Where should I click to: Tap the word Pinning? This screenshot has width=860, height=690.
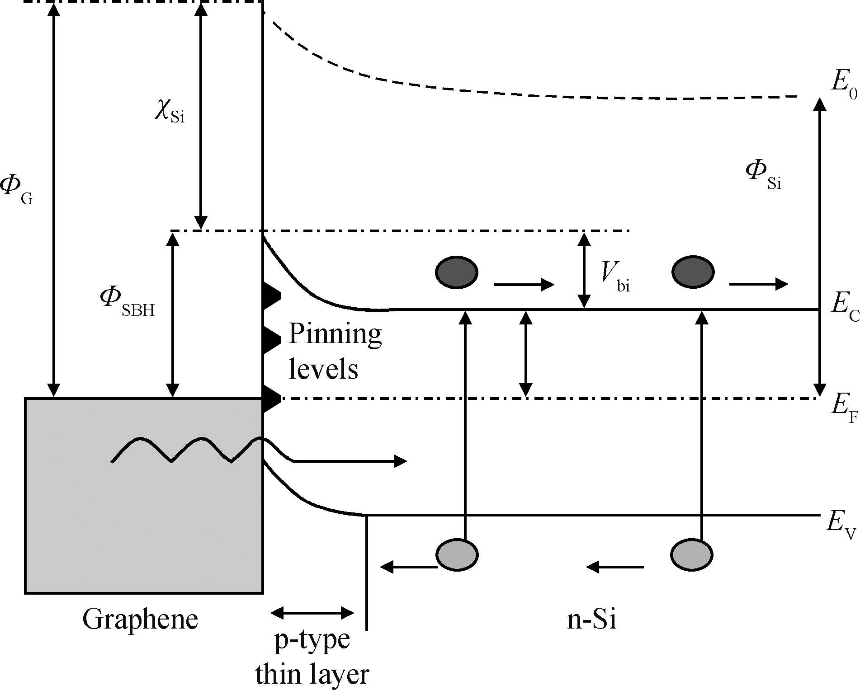(335, 335)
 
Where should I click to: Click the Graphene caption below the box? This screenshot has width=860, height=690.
(140, 619)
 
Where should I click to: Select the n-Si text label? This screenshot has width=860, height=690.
(591, 619)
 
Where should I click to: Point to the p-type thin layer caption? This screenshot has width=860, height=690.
(312, 657)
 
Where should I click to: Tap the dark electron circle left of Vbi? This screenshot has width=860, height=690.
(456, 272)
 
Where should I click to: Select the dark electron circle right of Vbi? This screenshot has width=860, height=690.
(693, 272)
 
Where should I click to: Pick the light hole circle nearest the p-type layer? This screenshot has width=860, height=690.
(457, 554)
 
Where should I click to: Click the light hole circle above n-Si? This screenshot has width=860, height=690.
(692, 554)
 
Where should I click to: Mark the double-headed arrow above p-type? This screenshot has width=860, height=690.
(312, 613)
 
